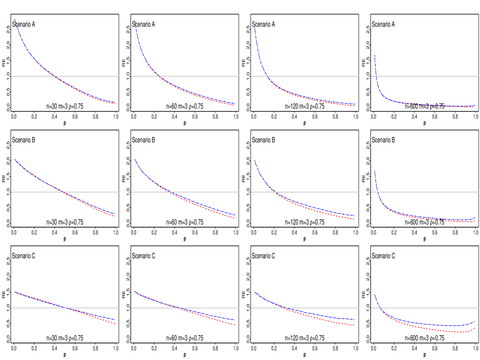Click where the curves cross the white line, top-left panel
(53, 76)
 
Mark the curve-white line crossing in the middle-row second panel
(170, 192)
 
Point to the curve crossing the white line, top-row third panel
(267, 76)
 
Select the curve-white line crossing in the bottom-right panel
(380, 308)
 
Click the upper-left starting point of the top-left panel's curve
(15, 19)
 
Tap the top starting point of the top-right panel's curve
(374, 55)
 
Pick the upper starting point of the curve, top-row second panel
(135, 21)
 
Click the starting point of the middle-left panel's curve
(15, 160)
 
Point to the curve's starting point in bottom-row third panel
(255, 291)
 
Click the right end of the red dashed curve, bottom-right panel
(475, 327)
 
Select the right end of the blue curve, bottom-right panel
(475, 321)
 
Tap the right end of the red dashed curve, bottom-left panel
(115, 324)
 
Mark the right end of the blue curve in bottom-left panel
(115, 319)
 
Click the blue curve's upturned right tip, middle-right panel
(475, 217)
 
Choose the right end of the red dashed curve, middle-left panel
(115, 216)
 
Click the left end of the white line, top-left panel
(11, 76)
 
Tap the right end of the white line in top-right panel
(478, 76)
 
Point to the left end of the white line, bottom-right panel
(371, 308)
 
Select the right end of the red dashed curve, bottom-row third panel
(355, 325)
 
